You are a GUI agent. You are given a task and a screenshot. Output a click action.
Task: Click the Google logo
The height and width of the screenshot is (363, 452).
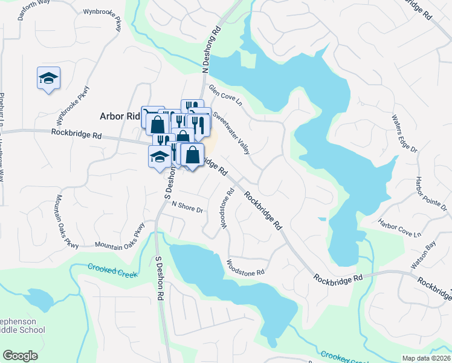click(x=21, y=355)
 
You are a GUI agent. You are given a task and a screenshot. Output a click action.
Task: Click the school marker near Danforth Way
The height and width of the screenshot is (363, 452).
click(x=48, y=78)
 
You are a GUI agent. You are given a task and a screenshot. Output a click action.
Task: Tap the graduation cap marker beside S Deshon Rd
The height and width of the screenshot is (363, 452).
click(x=160, y=157)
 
